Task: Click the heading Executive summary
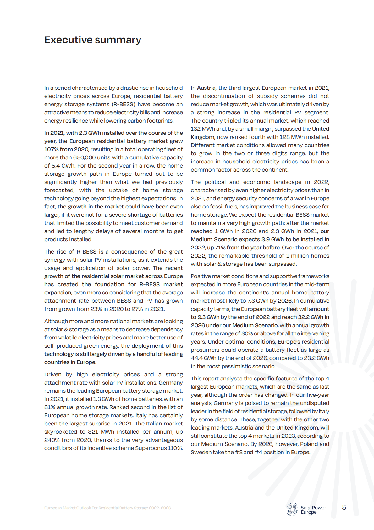[93, 40]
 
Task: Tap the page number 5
[344, 507]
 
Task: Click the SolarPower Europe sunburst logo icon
[292, 509]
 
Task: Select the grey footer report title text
[107, 508]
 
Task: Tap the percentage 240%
[51, 440]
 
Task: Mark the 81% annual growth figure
[50, 407]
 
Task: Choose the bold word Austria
[206, 88]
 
